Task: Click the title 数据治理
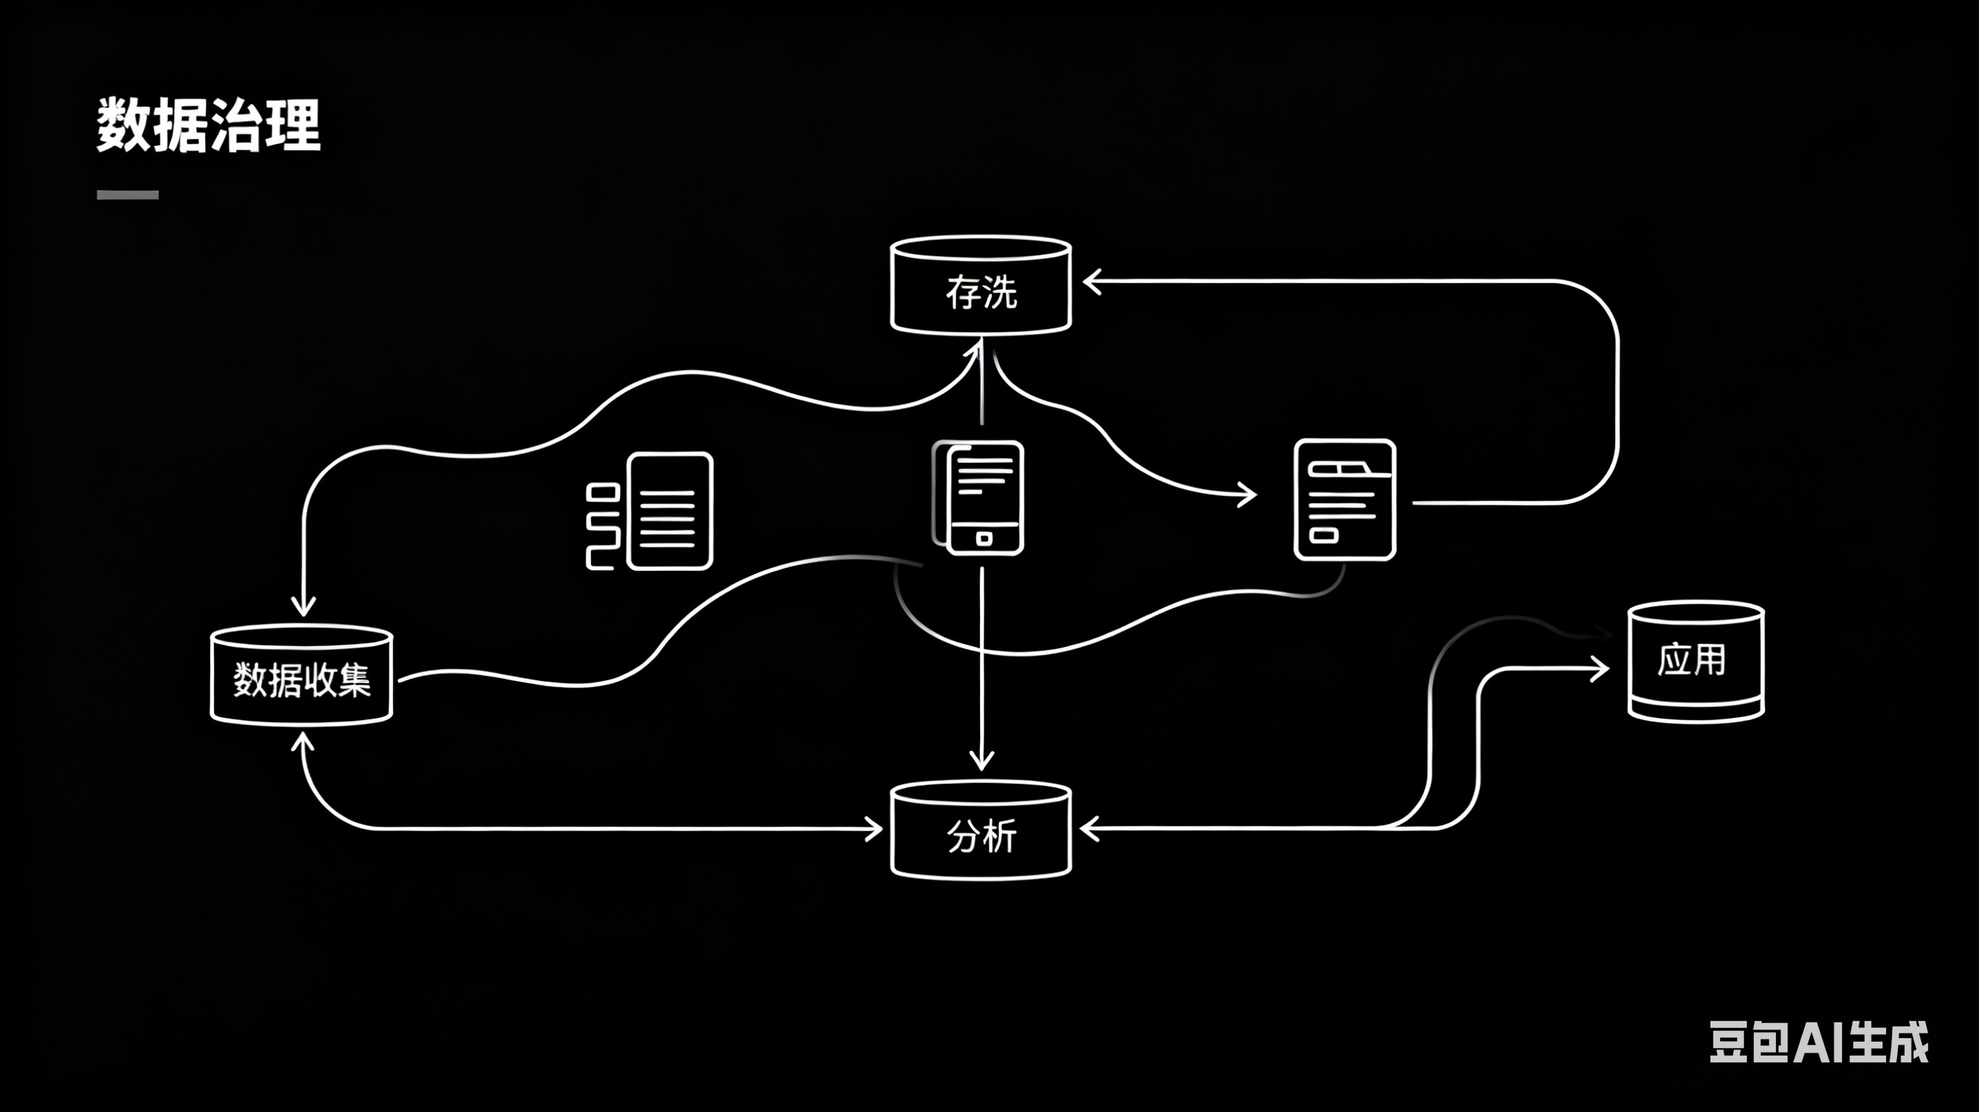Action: click(x=208, y=125)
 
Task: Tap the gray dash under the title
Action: click(x=128, y=195)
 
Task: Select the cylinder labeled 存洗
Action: click(x=980, y=285)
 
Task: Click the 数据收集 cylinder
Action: click(x=302, y=676)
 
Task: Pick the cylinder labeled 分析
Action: click(x=980, y=831)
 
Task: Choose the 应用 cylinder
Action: click(x=1696, y=662)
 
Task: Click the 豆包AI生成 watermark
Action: click(x=1817, y=1042)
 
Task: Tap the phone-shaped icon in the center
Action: click(x=984, y=498)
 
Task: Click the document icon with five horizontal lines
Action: click(x=669, y=511)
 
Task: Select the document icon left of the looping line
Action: click(x=1345, y=499)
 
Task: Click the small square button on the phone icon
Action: click(x=984, y=538)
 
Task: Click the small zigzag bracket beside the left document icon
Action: click(x=602, y=527)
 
